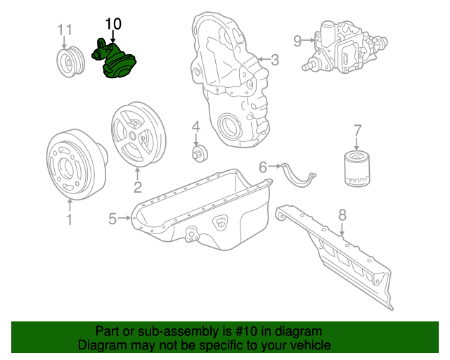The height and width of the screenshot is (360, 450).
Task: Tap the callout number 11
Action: coord(65,30)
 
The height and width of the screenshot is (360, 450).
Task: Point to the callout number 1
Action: coord(69,221)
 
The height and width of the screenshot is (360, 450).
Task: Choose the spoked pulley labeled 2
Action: coord(138,137)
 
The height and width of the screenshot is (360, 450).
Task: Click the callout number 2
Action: coord(137,187)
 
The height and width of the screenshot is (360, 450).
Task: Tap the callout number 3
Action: coord(274,60)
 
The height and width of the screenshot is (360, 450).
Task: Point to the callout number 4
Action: coord(196,127)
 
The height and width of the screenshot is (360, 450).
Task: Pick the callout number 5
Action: coord(112,219)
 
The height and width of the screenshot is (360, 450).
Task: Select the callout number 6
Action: coord(263,167)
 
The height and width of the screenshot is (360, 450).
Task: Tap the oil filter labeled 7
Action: coord(357,169)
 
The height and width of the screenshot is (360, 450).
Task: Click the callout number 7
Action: coord(357,130)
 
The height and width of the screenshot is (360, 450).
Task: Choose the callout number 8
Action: coord(342,214)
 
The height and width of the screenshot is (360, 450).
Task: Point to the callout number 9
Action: coord(297,41)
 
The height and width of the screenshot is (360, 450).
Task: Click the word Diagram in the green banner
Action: coord(101,345)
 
